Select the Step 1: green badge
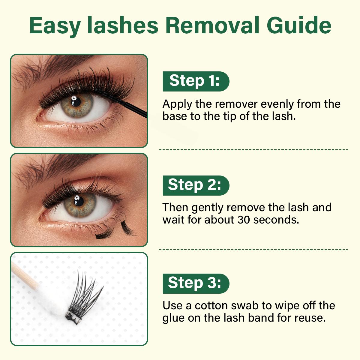coord(196,81)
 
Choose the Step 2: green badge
coord(196,185)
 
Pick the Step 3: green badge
coord(196,283)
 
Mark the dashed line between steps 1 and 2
coord(253,149)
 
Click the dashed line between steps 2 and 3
coord(253,249)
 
